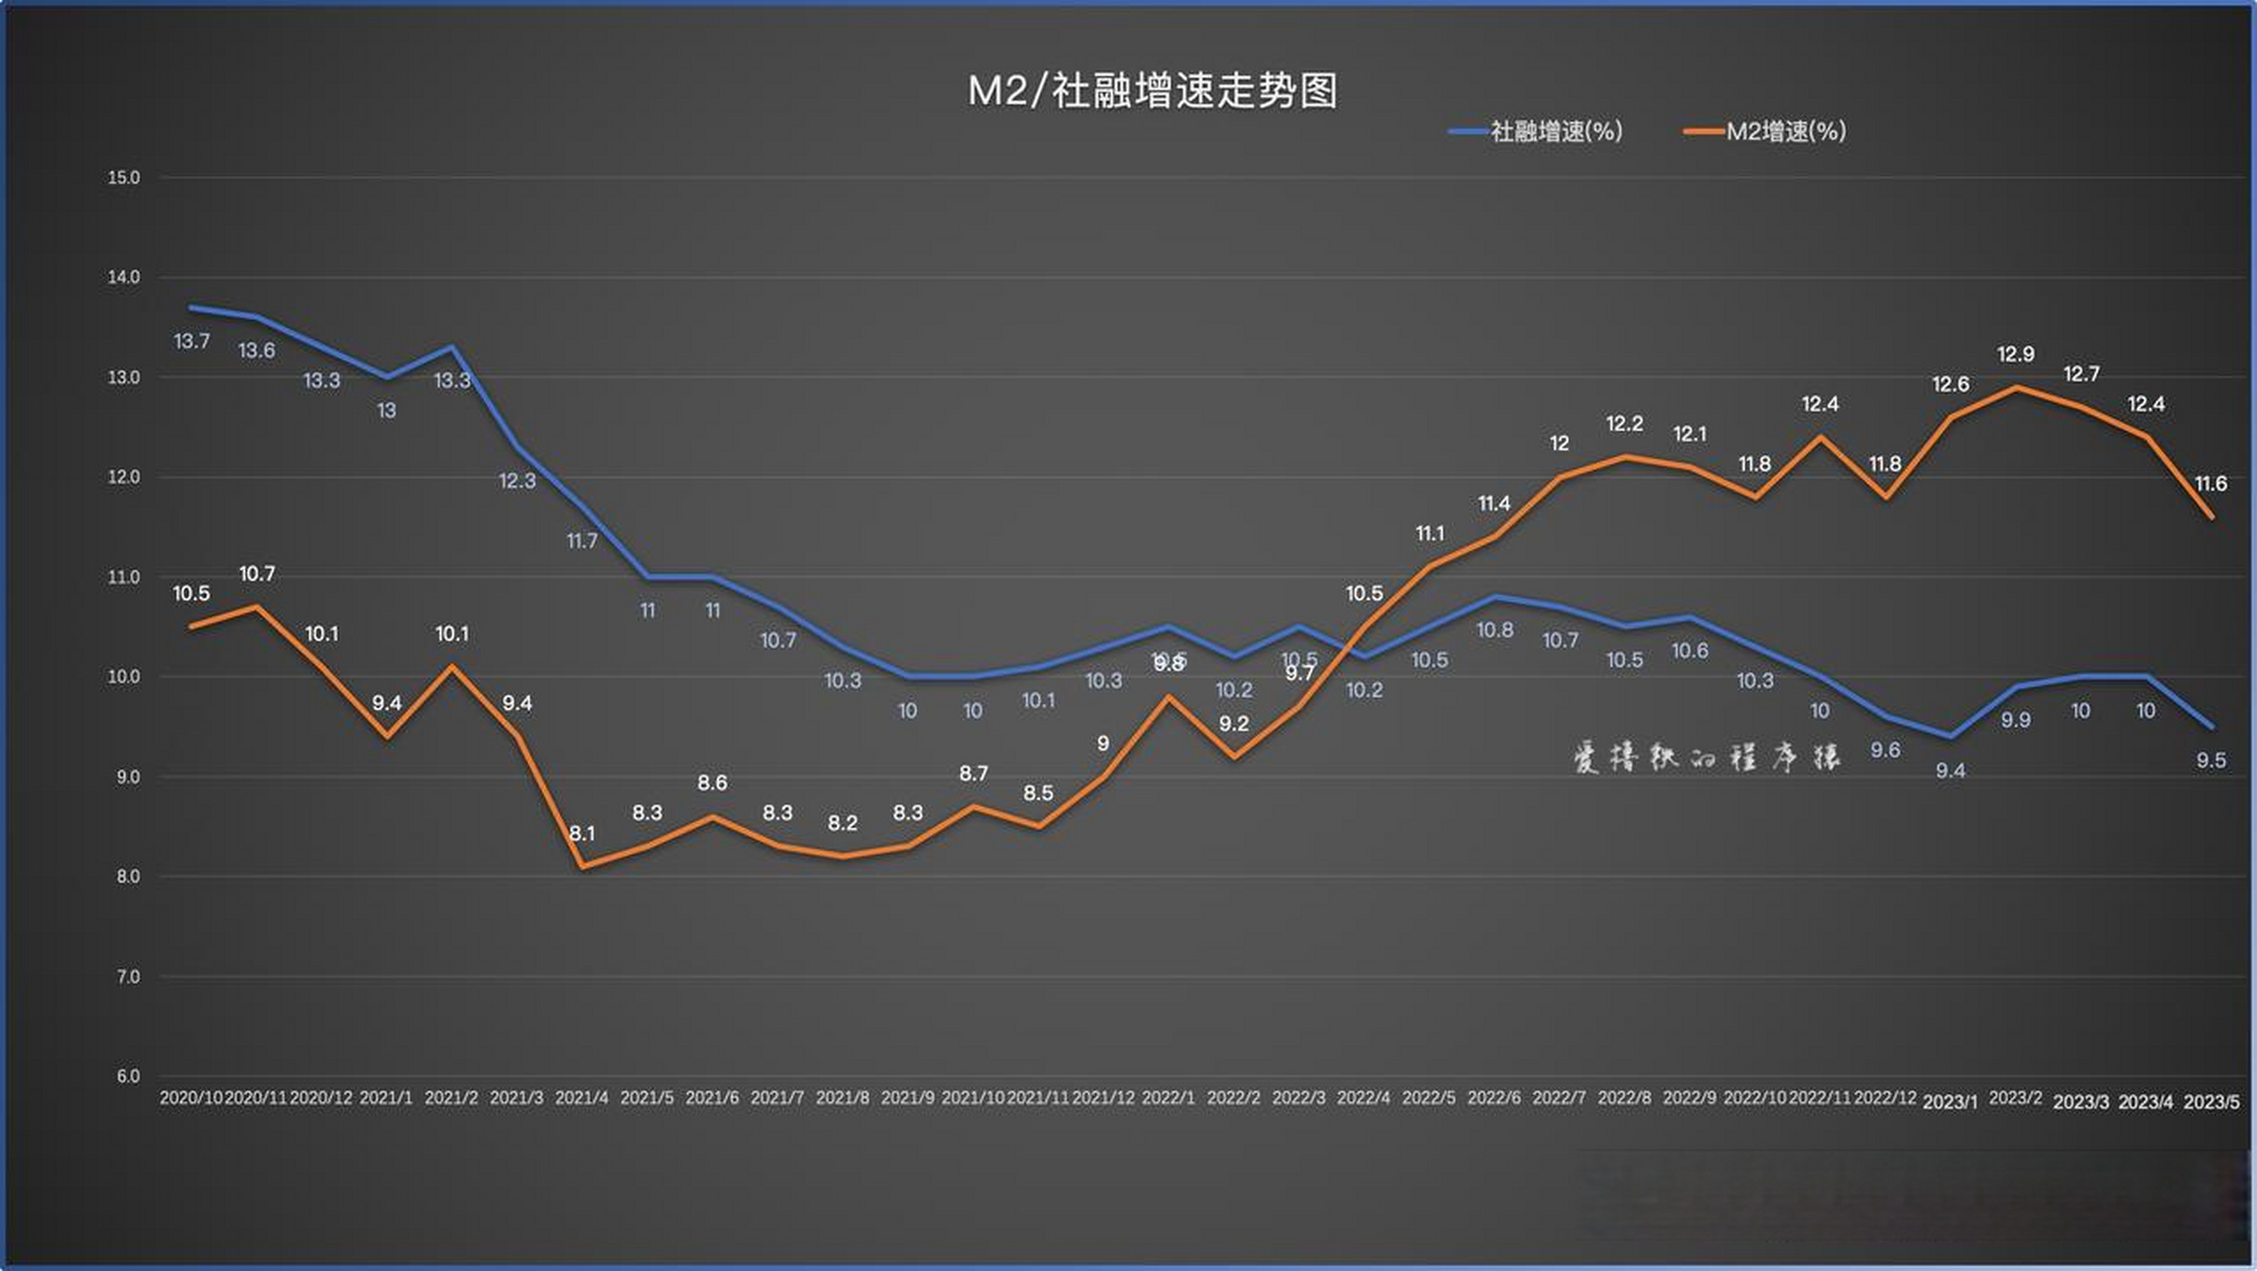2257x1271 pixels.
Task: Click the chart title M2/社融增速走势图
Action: tap(1152, 91)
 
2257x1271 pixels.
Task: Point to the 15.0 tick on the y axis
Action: tap(124, 178)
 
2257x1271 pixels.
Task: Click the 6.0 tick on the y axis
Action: tap(127, 1076)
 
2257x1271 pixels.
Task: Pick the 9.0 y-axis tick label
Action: tap(127, 777)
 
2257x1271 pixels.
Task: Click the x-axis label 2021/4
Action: tap(581, 1098)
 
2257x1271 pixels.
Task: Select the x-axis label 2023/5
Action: tap(2211, 1102)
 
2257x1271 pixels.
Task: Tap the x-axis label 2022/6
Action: tap(1494, 1098)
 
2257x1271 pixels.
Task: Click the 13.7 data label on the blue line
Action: tap(192, 342)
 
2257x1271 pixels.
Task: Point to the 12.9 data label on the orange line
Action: tap(2016, 354)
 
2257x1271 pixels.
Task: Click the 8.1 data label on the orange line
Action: tap(582, 833)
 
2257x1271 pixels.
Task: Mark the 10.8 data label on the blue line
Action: tap(1495, 630)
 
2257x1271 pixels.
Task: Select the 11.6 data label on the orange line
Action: tap(2210, 484)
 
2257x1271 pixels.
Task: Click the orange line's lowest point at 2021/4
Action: tap(583, 866)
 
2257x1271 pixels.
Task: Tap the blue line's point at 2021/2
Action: tap(452, 348)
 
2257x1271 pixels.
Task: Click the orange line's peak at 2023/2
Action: tap(2017, 387)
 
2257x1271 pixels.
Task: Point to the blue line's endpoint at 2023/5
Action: tap(2211, 726)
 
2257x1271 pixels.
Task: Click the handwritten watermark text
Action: tap(1706, 758)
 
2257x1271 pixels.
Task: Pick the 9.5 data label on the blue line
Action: tap(2210, 761)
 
